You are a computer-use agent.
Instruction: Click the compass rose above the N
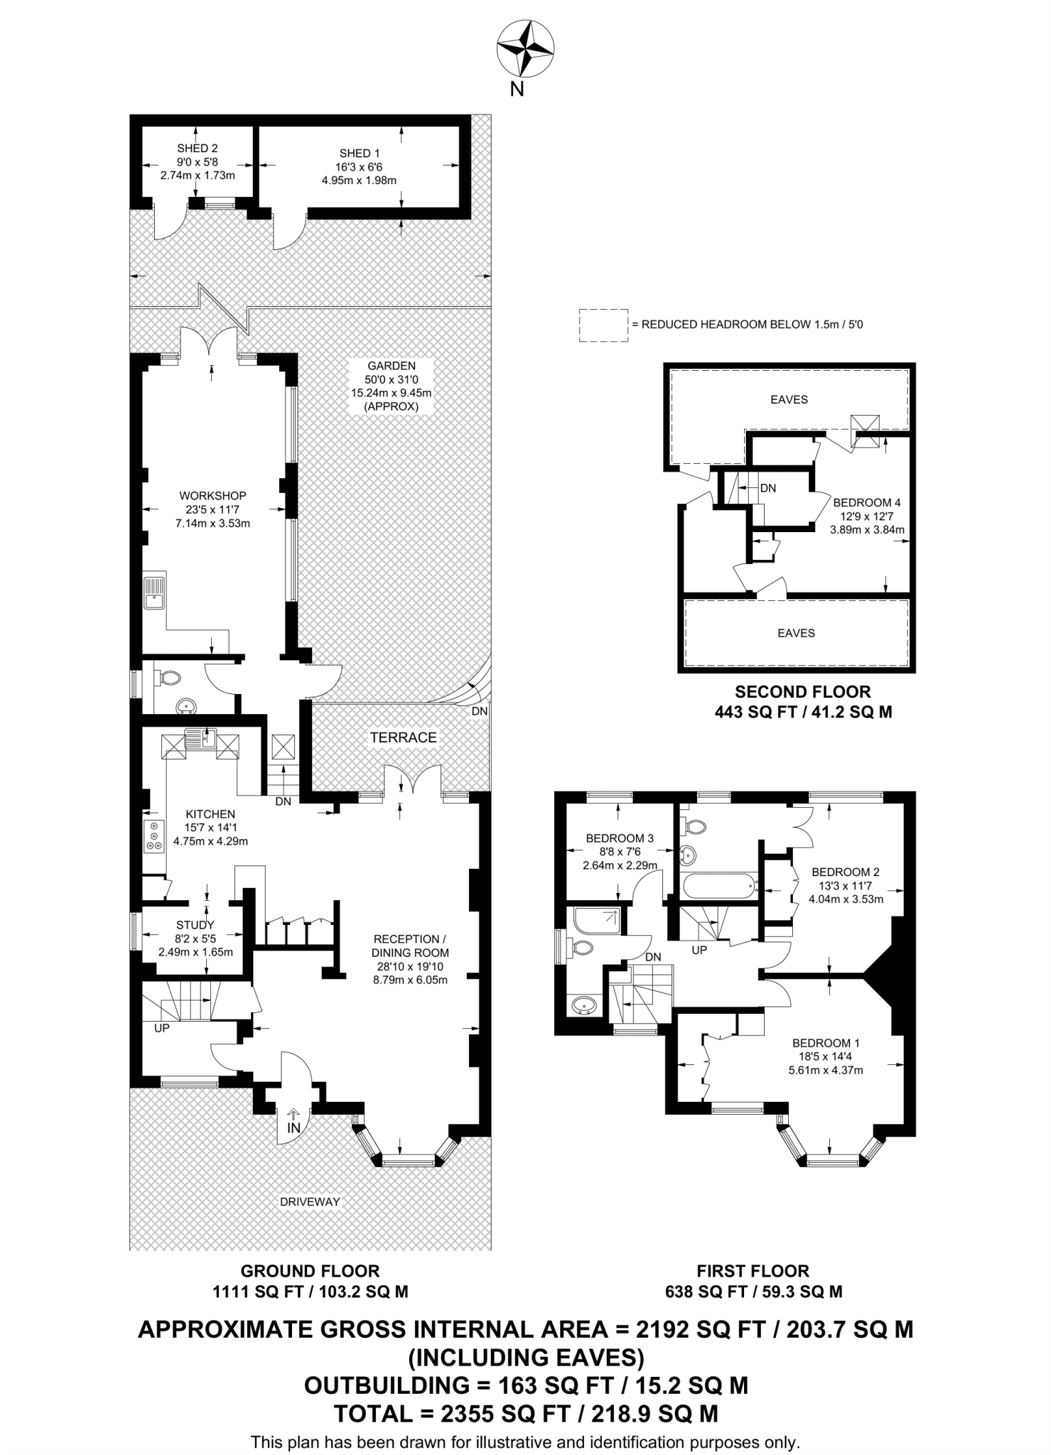click(525, 48)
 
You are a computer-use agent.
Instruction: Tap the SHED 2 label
click(198, 148)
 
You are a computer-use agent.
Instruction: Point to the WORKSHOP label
click(212, 496)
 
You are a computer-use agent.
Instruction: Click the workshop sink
click(154, 593)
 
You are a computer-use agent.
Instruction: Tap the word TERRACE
click(403, 737)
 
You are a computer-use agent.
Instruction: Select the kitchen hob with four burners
click(153, 836)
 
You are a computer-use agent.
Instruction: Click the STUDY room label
click(195, 925)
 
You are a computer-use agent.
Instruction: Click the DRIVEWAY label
click(310, 1202)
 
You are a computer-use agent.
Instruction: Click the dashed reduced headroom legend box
click(603, 325)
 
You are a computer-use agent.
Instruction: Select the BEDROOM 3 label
click(619, 838)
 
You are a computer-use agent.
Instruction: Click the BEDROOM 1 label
click(826, 1043)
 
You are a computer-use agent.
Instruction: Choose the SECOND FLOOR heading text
click(802, 691)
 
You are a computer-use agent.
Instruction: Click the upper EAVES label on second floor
click(789, 400)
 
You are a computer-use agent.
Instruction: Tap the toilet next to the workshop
click(169, 678)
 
